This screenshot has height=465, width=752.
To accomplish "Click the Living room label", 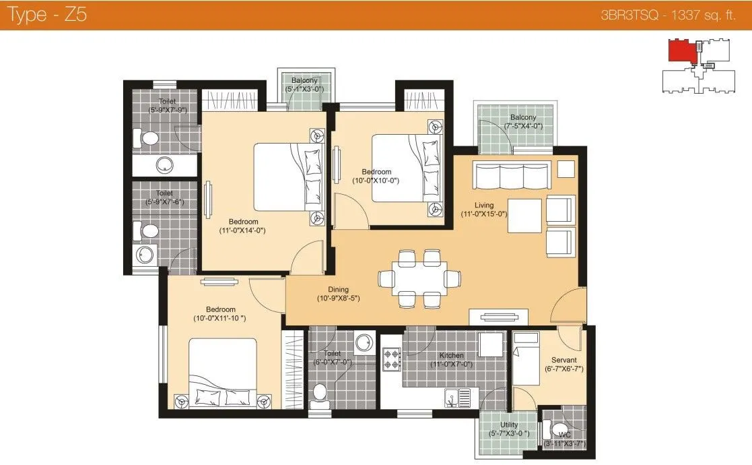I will [483, 205].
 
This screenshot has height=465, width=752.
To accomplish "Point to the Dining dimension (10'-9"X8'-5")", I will [339, 298].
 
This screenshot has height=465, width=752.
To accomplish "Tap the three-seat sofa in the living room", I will [509, 175].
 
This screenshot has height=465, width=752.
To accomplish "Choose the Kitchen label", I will [451, 355].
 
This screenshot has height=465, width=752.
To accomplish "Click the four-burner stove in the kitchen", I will [391, 359].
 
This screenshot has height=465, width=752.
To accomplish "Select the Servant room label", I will [563, 360].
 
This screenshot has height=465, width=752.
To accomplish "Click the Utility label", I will [509, 425].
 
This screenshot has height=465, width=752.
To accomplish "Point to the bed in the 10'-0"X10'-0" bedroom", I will [401, 166].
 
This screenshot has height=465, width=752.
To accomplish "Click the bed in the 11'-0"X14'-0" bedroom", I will [286, 177].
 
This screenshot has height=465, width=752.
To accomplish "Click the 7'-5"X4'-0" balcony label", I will [523, 117].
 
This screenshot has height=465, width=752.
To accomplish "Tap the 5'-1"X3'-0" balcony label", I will [305, 80].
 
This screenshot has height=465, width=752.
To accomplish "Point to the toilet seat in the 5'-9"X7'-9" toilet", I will [148, 139].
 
